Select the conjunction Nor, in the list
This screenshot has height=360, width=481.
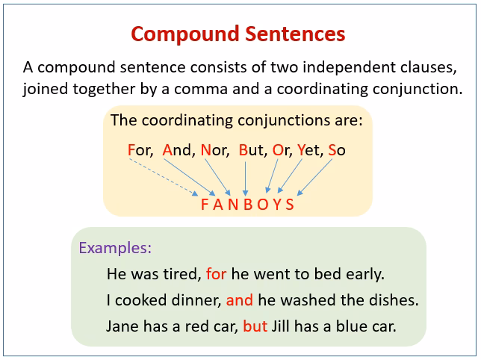[x=215, y=150]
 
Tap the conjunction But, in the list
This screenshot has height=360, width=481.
[x=252, y=150]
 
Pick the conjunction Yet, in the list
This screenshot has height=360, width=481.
[x=310, y=150]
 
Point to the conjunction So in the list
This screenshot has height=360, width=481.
[x=337, y=150]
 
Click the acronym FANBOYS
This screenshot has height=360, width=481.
[x=247, y=204]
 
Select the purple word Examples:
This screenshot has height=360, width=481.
[x=116, y=247]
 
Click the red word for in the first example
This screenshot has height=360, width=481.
[x=216, y=274]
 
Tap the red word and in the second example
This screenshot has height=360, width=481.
[x=240, y=301]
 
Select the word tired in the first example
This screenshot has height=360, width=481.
[x=180, y=274]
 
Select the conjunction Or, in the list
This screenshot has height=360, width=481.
[x=282, y=150]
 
